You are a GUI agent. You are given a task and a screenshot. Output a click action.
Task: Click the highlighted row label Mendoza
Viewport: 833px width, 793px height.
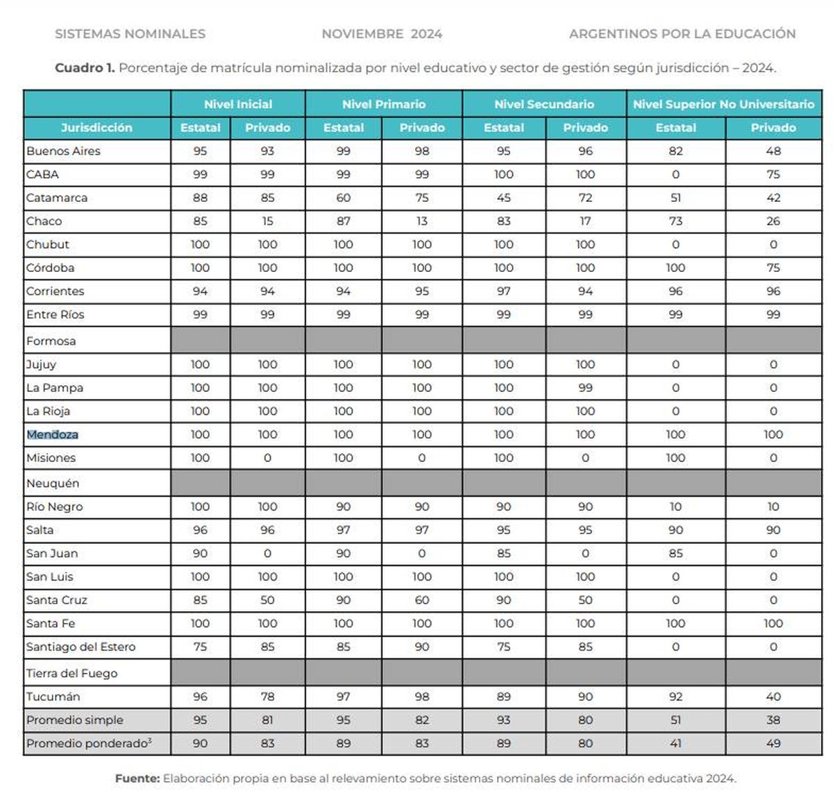click(52, 435)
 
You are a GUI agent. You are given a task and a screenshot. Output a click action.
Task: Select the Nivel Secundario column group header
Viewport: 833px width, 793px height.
click(544, 104)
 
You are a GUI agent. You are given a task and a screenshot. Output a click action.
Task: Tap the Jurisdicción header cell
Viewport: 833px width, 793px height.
click(96, 128)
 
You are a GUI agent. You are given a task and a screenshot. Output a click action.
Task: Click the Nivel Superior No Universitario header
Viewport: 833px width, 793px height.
click(723, 104)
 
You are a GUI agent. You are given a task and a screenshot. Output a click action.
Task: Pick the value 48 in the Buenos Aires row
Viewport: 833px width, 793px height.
click(773, 151)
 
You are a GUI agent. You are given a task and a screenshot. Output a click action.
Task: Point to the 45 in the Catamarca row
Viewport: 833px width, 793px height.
click(504, 198)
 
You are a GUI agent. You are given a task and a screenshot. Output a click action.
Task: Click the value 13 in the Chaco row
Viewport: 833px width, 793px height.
click(422, 221)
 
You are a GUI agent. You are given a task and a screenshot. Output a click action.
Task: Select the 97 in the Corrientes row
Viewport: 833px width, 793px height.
click(504, 291)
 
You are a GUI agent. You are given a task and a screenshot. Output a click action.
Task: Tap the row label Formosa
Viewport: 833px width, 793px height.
click(51, 341)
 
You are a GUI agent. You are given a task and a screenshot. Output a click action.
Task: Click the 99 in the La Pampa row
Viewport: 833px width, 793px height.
click(585, 388)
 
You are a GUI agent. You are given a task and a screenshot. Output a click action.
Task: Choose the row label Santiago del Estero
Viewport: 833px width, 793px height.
click(81, 647)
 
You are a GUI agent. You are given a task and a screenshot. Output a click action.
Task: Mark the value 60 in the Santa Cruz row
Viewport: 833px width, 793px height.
click(422, 600)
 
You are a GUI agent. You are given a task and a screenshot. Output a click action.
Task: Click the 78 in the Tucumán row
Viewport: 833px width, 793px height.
click(267, 697)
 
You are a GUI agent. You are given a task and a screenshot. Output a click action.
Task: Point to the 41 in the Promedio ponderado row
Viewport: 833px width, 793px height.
click(675, 743)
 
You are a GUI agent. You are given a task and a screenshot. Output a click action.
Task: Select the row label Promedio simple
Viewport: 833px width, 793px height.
click(74, 720)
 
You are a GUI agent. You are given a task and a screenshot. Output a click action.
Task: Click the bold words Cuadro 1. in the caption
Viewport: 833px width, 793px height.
click(85, 68)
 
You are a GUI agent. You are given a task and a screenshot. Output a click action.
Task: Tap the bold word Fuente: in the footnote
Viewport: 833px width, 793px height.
click(137, 778)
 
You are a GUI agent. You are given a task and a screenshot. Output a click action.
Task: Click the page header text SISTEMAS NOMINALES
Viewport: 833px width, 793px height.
click(130, 34)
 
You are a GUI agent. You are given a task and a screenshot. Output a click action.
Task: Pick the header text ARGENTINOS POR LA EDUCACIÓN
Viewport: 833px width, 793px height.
click(682, 34)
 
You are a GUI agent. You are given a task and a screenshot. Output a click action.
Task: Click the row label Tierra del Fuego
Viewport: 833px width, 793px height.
click(71, 673)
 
